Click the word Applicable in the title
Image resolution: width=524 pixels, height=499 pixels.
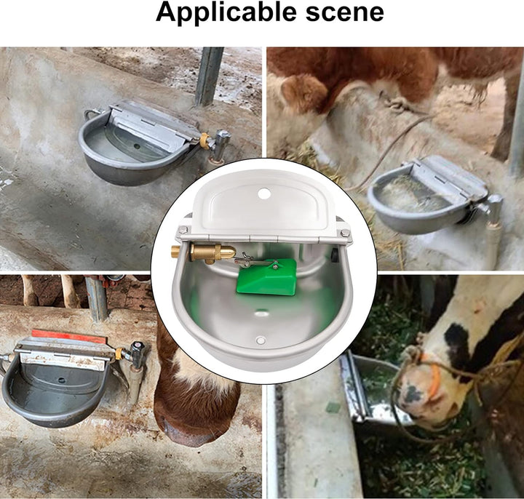tap(226, 12)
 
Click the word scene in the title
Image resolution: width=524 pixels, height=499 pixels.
tap(345, 12)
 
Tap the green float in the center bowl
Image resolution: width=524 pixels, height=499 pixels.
tap(267, 276)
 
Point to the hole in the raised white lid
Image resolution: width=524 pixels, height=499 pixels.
tap(264, 193)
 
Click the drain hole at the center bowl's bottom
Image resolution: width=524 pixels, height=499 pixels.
tap(261, 340)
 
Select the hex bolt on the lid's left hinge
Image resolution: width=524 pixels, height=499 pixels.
tap(183, 230)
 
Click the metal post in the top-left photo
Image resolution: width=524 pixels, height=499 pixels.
tap(210, 76)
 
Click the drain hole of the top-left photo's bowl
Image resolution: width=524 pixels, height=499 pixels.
tap(136, 146)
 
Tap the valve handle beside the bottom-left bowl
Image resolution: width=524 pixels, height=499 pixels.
tap(138, 350)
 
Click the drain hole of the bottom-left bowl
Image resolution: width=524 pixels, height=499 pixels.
tap(62, 380)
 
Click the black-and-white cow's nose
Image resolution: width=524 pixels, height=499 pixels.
tap(413, 394)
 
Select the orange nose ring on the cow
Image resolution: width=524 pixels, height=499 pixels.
tap(431, 374)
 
